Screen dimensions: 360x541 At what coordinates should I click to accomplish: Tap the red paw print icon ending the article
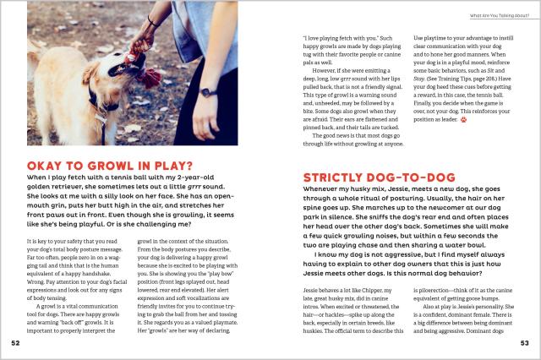464,119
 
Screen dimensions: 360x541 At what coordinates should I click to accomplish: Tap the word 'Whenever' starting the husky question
322,194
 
